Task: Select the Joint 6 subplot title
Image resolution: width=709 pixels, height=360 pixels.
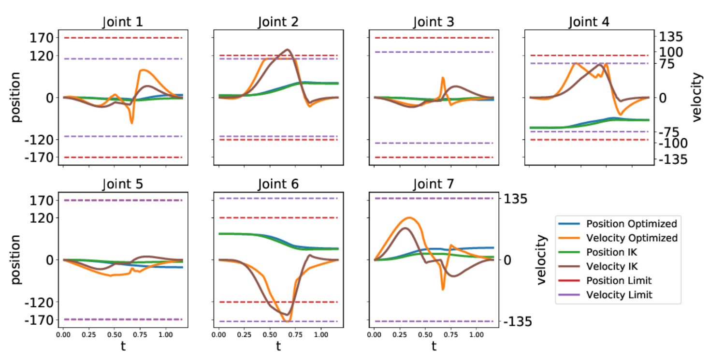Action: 278,184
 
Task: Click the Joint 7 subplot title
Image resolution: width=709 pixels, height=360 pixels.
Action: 434,184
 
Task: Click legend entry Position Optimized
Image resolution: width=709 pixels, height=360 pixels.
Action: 631,224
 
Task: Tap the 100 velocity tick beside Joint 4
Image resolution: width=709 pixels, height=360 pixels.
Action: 669,52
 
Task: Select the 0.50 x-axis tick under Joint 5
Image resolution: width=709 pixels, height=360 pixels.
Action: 114,334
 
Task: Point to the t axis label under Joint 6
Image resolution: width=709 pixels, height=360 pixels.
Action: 278,346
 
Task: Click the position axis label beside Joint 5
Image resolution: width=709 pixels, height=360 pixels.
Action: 15,259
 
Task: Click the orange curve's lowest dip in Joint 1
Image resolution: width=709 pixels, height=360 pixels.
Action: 131,123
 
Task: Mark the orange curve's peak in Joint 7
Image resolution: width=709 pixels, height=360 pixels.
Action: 409,218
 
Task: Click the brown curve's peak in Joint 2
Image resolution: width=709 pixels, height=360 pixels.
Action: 288,49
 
